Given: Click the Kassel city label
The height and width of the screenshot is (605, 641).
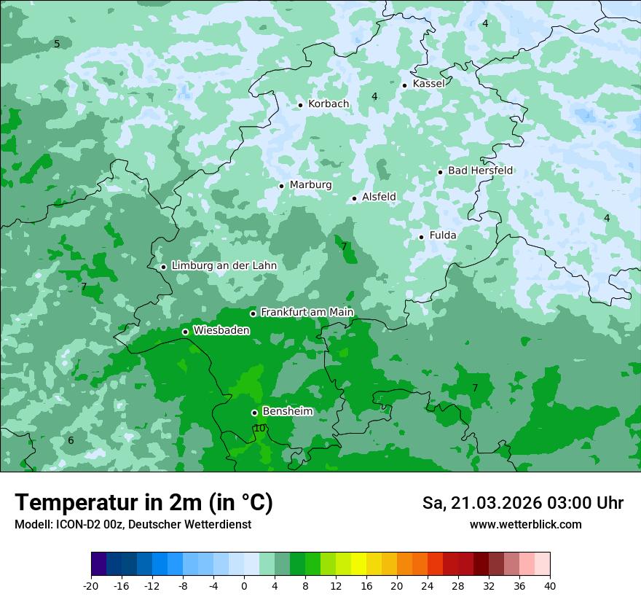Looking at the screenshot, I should click(x=428, y=84).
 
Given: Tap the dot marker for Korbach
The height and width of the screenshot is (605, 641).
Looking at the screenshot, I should click(x=300, y=105).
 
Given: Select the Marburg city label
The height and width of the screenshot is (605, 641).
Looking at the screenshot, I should click(x=310, y=185).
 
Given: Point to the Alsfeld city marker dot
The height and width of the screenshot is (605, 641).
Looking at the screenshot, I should click(x=355, y=198).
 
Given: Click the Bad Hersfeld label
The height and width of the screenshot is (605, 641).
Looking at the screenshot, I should click(x=480, y=171).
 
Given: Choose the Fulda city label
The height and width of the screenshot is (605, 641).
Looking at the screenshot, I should click(x=443, y=235).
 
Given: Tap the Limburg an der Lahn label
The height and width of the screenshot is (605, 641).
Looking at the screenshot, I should click(x=224, y=266).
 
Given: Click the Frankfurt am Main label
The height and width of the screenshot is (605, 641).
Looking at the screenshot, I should click(x=307, y=313).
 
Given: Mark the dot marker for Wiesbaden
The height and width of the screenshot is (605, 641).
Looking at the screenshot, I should click(x=185, y=332).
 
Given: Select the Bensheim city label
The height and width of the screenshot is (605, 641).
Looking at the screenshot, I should click(x=287, y=412).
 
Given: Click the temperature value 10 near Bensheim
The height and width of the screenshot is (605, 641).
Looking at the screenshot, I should click(x=260, y=429).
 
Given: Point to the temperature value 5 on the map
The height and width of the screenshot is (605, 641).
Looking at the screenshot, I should click(x=57, y=44).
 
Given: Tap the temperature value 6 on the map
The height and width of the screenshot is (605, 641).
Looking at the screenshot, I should click(x=71, y=441).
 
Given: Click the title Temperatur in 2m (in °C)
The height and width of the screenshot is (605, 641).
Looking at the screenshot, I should click(x=143, y=503).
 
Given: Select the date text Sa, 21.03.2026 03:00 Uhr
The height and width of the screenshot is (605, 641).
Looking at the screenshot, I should click(x=522, y=503).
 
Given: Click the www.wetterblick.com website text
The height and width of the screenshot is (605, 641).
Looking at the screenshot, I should click(x=525, y=525).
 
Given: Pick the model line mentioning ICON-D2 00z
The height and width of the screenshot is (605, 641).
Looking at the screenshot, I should click(x=133, y=525).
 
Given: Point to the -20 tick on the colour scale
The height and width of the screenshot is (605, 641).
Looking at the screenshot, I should click(x=91, y=586).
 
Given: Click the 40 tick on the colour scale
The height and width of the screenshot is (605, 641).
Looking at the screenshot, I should click(x=549, y=586).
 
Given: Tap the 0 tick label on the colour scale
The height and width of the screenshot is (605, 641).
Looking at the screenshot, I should click(x=244, y=586).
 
